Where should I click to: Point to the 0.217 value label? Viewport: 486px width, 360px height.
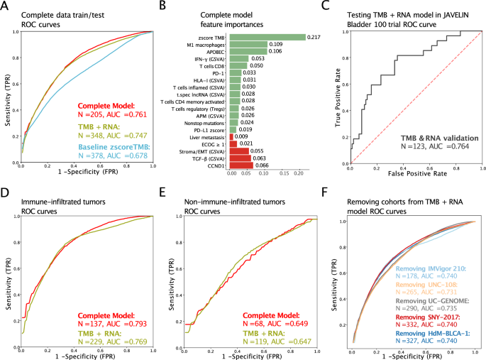315,37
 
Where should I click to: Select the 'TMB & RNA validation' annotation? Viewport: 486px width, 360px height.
433,138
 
